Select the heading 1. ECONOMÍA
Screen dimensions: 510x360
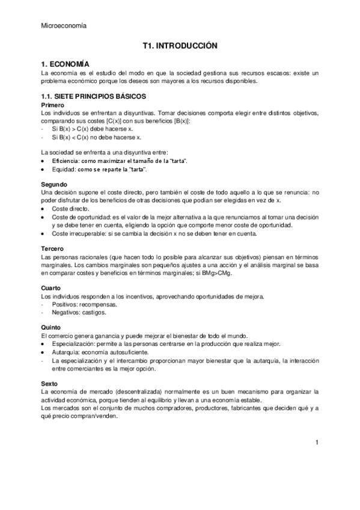coord(65,64)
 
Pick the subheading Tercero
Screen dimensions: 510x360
coord(53,249)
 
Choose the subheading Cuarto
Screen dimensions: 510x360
coord(52,289)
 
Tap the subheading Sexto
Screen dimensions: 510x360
coord(51,382)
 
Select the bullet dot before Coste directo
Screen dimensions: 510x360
coord(42,209)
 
